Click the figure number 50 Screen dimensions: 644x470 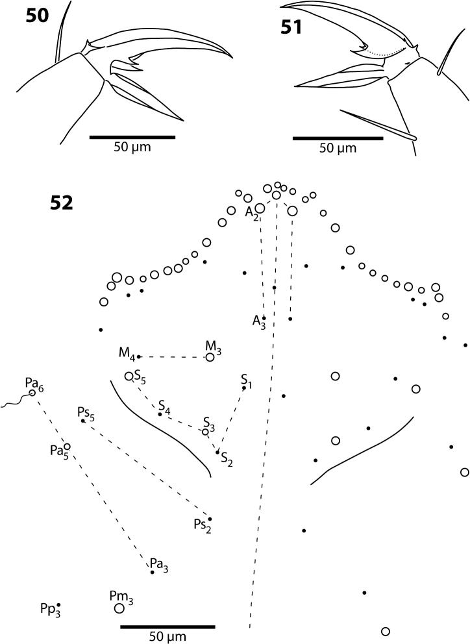(37, 16)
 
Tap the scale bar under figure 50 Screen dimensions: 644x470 (132, 137)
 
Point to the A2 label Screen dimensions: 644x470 (252, 212)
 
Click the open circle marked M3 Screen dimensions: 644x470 (210, 356)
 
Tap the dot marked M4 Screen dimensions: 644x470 (139, 356)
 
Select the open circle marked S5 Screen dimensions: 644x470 (129, 376)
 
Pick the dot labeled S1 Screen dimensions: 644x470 (244, 388)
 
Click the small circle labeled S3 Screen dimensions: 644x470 (206, 432)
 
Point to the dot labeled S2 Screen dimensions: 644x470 (217, 451)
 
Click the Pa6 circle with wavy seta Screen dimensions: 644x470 (32, 393)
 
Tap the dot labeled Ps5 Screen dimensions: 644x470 (82, 421)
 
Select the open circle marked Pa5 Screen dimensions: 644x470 (67, 446)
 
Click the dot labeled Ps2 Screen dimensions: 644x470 (210, 519)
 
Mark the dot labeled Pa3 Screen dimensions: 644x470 (153, 572)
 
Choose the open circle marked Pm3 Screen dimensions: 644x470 (119, 608)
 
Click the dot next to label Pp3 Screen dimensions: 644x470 (59, 604)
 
